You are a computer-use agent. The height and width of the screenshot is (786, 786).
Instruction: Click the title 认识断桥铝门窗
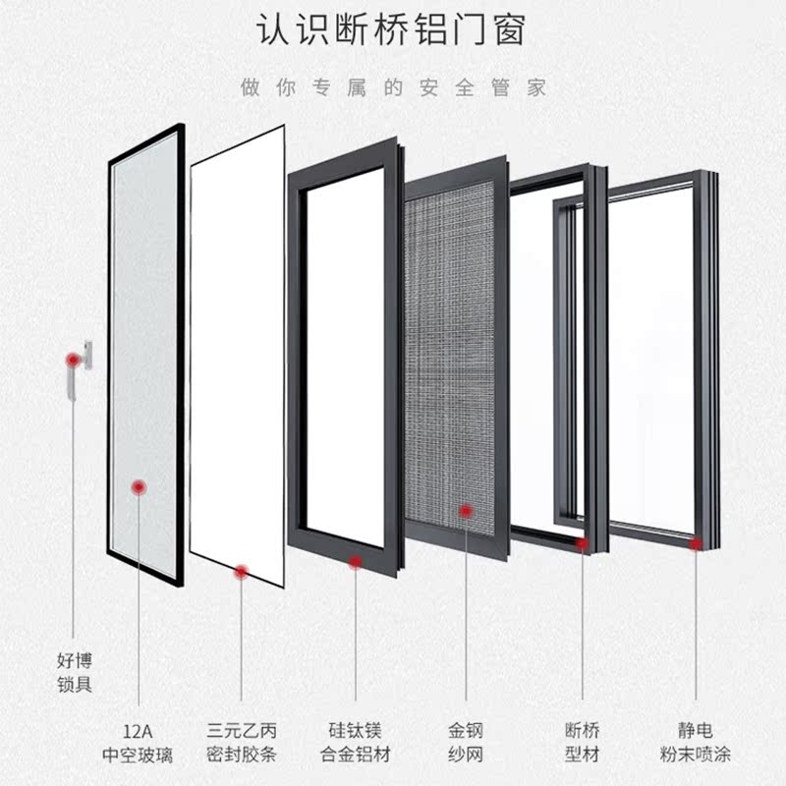point(392,30)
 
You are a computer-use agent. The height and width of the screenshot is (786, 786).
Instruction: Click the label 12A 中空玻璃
point(138,744)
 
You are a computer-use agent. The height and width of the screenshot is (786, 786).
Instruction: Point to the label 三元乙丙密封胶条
point(242,744)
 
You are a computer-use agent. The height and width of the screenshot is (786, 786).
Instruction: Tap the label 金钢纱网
point(467,744)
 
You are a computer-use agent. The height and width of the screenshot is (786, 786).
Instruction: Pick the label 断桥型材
point(583,744)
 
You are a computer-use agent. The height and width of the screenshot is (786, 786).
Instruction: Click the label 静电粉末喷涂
point(696,744)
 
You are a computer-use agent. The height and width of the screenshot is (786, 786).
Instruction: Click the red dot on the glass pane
point(139,486)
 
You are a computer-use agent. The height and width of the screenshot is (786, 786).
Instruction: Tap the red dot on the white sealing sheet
point(242,571)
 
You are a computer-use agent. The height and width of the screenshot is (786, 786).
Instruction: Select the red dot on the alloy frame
point(355,561)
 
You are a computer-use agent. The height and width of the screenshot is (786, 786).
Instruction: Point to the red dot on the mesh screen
point(467,509)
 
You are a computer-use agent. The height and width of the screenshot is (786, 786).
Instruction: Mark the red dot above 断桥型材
point(583,543)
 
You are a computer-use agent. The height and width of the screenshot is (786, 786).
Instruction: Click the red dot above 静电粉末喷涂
point(697,542)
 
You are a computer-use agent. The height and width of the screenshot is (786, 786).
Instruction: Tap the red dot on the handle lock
point(72,361)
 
